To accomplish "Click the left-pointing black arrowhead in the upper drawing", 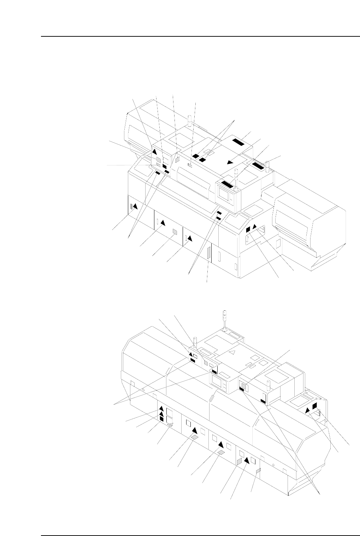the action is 230,162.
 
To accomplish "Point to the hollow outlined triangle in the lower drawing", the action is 232,353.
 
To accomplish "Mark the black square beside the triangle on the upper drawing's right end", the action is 248,229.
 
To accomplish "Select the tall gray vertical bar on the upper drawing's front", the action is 209,254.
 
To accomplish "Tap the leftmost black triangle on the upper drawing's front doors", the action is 135,206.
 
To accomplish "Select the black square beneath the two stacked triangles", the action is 161,419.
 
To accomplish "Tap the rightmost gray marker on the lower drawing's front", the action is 258,470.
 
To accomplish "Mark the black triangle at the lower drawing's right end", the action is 308,410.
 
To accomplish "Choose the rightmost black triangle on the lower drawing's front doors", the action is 246,460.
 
